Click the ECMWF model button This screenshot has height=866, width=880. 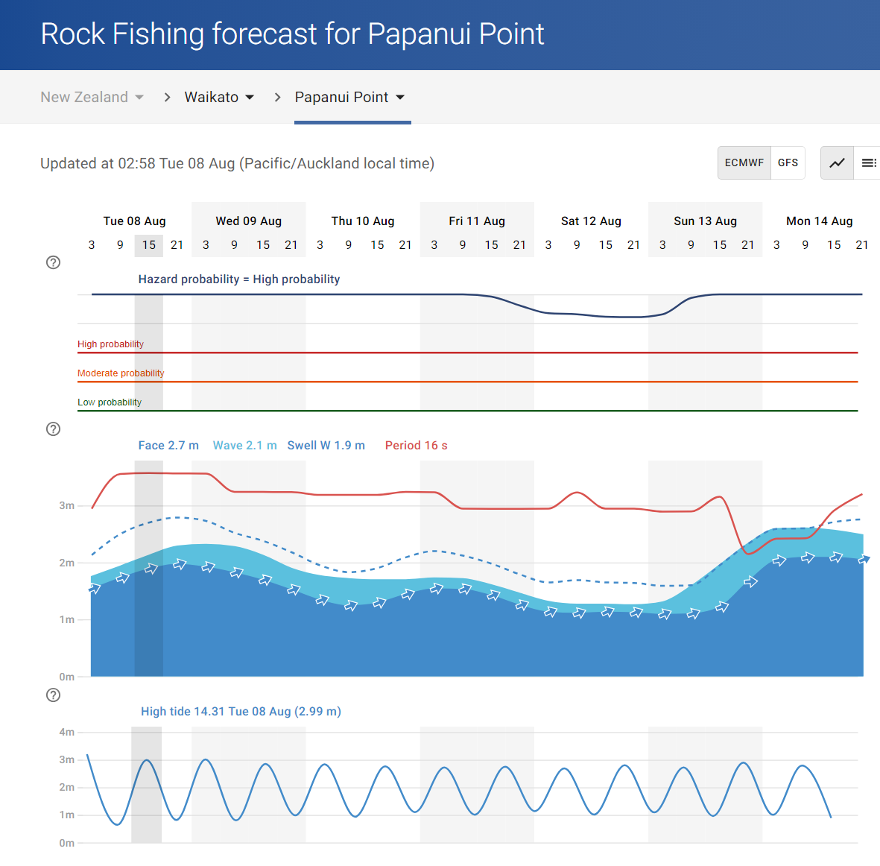pos(744,162)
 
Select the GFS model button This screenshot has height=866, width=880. pos(788,162)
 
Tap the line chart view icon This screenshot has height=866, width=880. pos(838,162)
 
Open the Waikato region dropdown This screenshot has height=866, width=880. pos(219,97)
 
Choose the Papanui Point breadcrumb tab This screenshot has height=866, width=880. pos(349,97)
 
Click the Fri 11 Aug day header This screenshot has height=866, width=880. pos(477,221)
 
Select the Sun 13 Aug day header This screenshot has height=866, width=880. pos(705,221)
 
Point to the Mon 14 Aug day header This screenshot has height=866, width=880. pos(819,221)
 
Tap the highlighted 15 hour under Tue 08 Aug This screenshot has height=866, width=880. pos(149,244)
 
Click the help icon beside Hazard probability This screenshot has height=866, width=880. pos(53,262)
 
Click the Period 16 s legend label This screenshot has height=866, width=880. pos(416,445)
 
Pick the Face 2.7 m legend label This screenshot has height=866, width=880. pos(168,445)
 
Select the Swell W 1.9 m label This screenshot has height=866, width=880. pos(326,445)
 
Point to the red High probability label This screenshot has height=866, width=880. pos(110,344)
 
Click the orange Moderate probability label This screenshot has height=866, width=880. pos(121,373)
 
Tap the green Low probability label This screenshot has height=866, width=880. pos(110,402)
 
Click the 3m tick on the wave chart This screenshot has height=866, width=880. pos(67,505)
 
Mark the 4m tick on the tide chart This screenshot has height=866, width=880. pos(67,732)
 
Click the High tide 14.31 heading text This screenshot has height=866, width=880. pos(241,711)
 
